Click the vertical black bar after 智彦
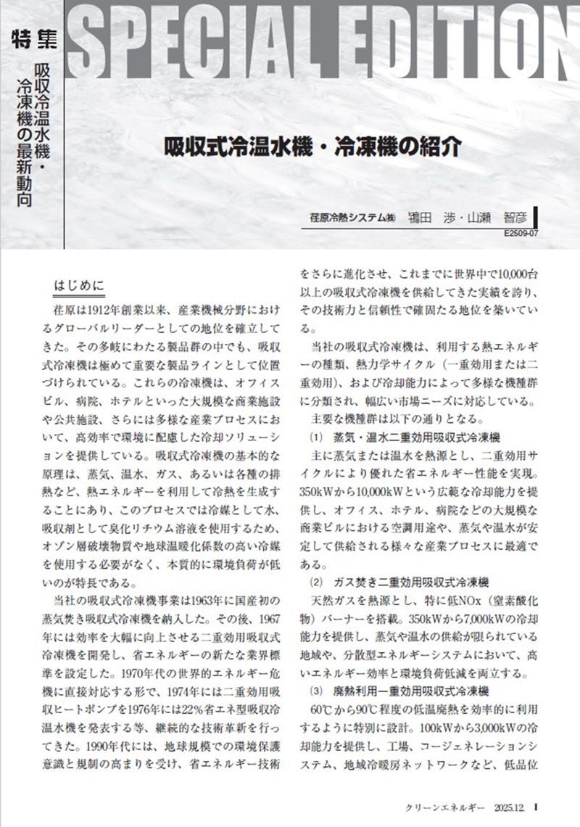[534, 217]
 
